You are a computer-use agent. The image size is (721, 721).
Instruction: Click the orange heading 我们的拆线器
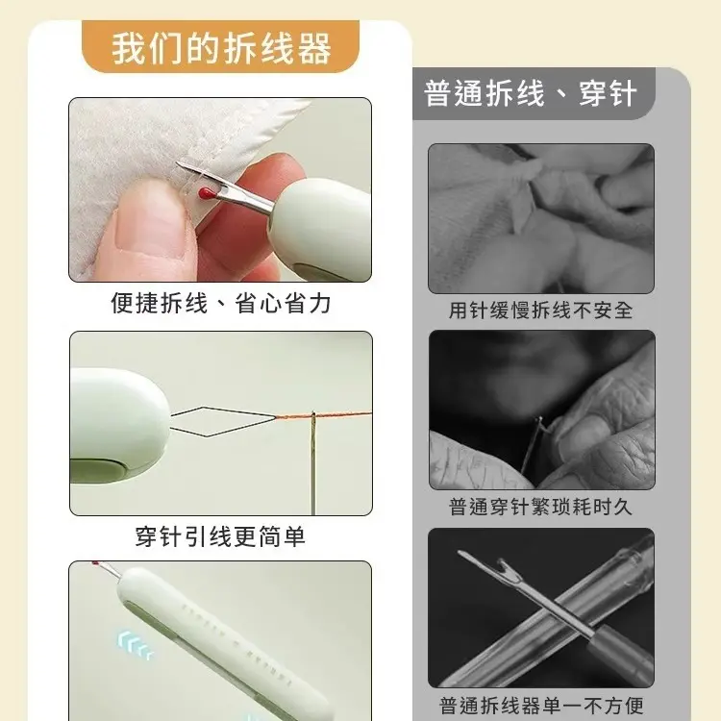221,48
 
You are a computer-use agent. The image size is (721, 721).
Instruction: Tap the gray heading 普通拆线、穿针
530,94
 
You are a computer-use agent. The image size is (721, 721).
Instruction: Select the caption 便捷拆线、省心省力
220,304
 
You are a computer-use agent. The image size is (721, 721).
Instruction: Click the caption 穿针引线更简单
220,535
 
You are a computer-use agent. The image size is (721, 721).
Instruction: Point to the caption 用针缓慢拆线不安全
540,311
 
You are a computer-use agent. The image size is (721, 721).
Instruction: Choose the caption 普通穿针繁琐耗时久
540,507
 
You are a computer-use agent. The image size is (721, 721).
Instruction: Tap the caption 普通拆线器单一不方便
541,705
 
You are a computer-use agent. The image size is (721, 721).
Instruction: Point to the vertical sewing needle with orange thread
312,461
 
